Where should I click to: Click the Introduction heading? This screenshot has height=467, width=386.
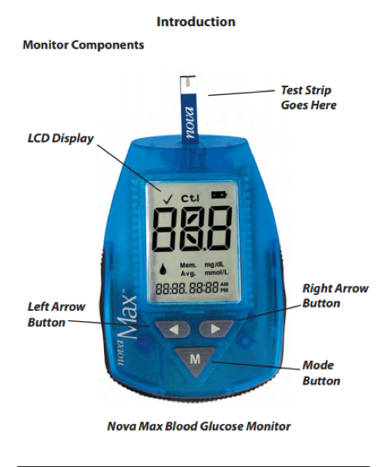pos(196,21)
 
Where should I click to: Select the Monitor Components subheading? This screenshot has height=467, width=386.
pos(83,45)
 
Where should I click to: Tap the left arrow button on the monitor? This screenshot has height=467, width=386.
pos(172,329)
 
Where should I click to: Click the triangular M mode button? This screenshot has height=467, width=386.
pos(195,361)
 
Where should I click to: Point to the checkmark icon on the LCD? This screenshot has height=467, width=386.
pos(168,199)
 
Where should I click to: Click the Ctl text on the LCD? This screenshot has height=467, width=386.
pos(191,198)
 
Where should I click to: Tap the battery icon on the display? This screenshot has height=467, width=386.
pos(219,195)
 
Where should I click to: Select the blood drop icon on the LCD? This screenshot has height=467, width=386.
pos(163,270)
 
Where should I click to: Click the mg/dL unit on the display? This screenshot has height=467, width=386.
pos(214,264)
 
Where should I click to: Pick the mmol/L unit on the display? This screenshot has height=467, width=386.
pos(216,272)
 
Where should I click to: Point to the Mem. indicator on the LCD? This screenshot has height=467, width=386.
pos(188,265)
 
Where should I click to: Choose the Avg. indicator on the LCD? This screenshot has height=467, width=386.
pos(188,273)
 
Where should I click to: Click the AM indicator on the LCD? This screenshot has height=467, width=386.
pos(224,285)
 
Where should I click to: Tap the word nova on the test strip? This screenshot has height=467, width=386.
pos(190,122)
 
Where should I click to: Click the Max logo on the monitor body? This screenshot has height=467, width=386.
pos(129,316)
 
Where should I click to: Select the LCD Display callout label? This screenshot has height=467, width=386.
pos(60,139)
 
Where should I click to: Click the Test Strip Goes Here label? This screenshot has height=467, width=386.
pos(308,98)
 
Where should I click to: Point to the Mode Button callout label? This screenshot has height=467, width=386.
pos(321,373)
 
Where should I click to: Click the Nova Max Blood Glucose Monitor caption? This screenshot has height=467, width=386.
pos(199,427)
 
